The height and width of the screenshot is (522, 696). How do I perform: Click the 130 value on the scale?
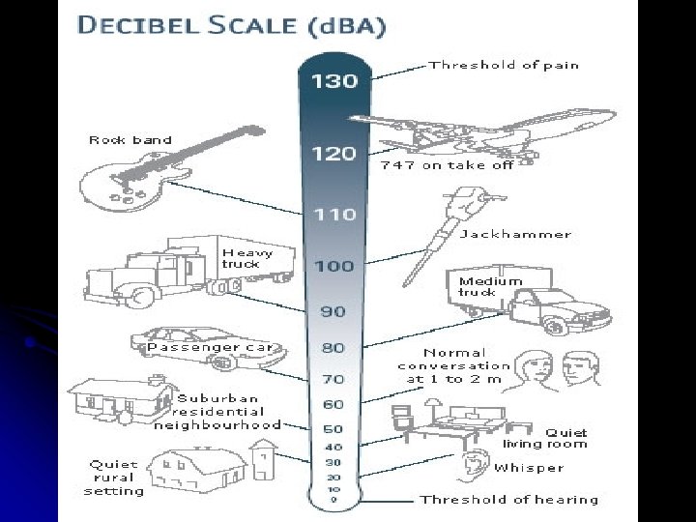pos(333,81)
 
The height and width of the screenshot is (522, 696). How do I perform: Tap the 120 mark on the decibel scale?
pos(333,153)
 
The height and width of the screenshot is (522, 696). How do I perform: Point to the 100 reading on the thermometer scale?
pos(333,265)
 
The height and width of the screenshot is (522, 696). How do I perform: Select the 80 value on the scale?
pos(333,347)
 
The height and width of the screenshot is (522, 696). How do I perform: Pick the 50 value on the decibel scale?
pos(333,427)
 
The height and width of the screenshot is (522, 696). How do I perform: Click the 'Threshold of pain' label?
pos(504,66)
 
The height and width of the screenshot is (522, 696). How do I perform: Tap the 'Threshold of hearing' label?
pos(508,500)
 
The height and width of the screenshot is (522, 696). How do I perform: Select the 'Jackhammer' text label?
pos(514,234)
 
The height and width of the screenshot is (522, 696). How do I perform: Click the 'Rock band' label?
pos(130,140)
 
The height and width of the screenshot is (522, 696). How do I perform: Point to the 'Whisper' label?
pos(529,468)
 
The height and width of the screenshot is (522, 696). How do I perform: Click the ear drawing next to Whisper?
pos(473,466)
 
